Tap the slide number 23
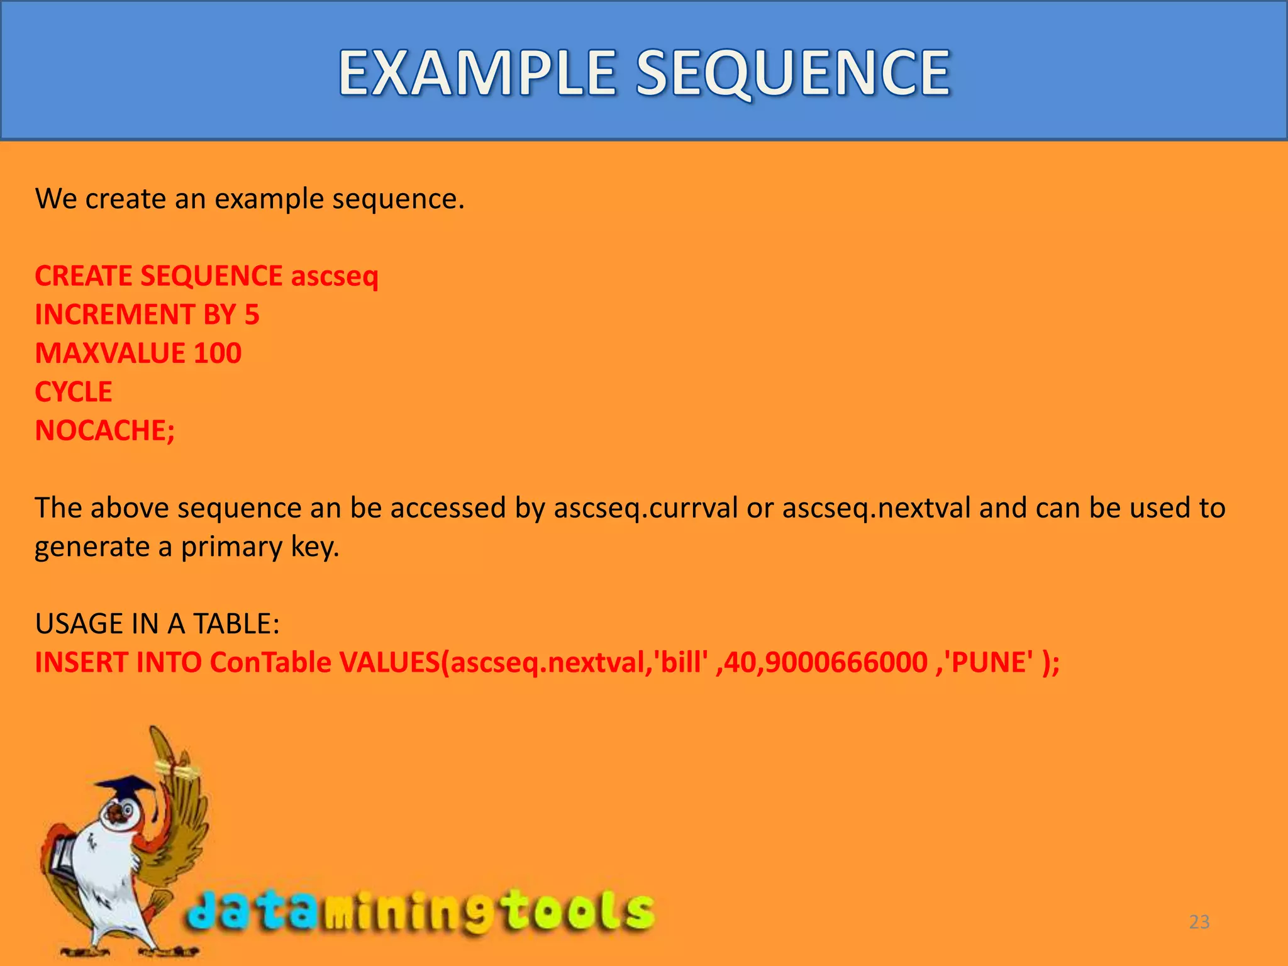(1199, 922)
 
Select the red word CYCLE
(74, 392)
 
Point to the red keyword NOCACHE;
(105, 431)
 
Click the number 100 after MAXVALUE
(218, 353)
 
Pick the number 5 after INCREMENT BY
(252, 314)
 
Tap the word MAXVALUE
(110, 353)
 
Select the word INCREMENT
(114, 314)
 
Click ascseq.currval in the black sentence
(645, 508)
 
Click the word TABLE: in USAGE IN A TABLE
(236, 624)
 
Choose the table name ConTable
(270, 663)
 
